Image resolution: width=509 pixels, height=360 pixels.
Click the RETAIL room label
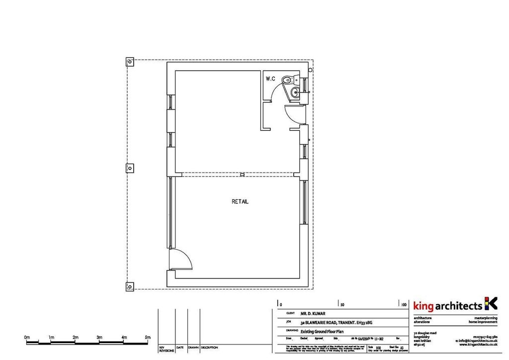coord(240,202)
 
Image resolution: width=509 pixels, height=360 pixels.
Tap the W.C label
coord(270,79)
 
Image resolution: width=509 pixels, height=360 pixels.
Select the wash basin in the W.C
coord(295,91)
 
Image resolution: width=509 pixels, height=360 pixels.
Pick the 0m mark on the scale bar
coord(27,338)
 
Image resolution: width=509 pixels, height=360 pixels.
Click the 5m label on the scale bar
coord(147,338)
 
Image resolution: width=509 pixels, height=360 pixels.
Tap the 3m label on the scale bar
coord(99,338)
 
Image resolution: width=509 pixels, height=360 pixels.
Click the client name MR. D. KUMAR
coord(313,314)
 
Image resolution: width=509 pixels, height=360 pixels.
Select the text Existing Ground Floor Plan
coord(322,331)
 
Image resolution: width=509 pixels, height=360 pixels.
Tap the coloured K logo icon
coord(490,303)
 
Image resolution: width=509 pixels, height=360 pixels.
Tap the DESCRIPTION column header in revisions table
coord(209,348)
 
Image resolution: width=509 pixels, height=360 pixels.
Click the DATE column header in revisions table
coord(180,348)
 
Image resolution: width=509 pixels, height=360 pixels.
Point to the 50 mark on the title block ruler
coord(342,304)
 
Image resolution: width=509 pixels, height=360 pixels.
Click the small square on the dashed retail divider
coord(242,174)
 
